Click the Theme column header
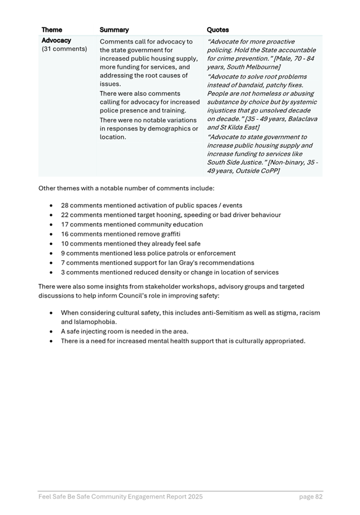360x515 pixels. [x=52, y=29]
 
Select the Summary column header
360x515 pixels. [x=114, y=29]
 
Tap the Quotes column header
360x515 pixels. [x=218, y=29]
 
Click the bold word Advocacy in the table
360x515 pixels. [x=56, y=41]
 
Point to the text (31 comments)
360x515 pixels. [x=64, y=49]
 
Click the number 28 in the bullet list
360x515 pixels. [x=65, y=206]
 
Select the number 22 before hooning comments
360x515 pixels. [x=65, y=215]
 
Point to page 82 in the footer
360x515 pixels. [x=311, y=497]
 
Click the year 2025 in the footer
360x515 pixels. [x=194, y=497]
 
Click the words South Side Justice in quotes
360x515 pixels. [x=233, y=163]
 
